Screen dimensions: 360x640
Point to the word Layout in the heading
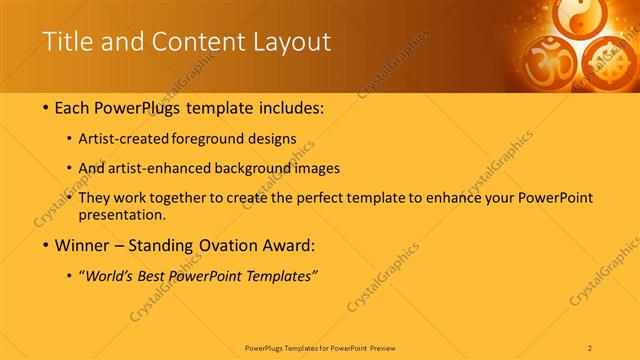tap(291, 42)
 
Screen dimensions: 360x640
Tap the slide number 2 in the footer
tap(590, 347)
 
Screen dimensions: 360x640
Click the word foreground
tap(218, 139)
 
